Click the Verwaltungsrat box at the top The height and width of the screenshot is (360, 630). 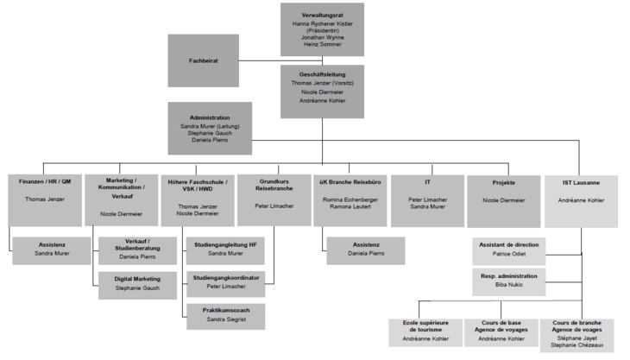tap(322, 28)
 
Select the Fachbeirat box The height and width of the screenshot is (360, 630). tap(203, 60)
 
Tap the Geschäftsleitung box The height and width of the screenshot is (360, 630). tap(322, 89)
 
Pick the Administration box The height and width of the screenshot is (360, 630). tap(210, 128)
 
